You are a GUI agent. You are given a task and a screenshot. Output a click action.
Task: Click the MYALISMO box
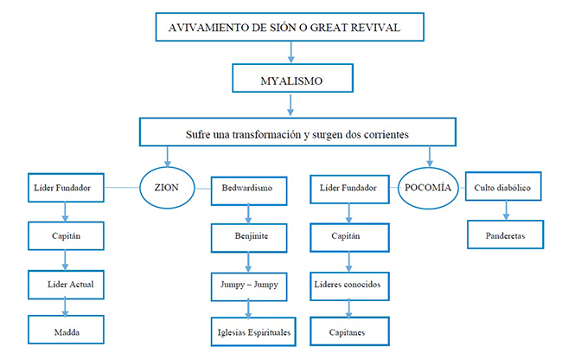(x=292, y=80)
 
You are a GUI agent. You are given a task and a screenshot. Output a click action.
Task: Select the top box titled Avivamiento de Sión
(x=291, y=28)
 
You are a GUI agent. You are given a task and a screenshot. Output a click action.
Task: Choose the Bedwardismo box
(x=248, y=188)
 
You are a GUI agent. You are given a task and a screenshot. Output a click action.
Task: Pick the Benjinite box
(x=248, y=234)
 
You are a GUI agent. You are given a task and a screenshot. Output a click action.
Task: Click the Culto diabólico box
(x=505, y=187)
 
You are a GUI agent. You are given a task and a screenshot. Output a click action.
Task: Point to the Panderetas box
(x=505, y=232)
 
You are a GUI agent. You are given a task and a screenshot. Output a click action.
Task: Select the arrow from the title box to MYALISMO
(x=291, y=54)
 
